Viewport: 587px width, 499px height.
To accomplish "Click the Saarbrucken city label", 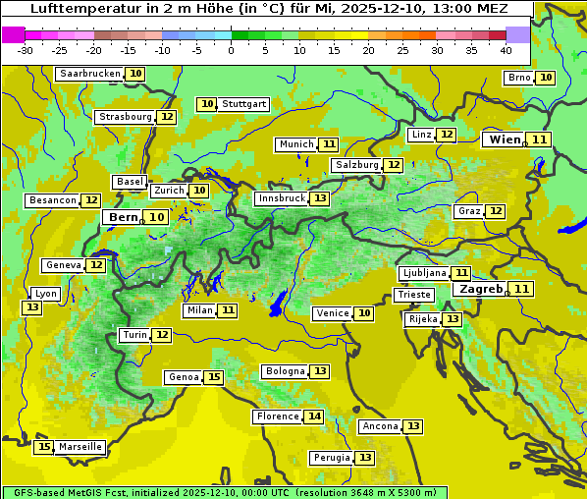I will [x=90, y=74].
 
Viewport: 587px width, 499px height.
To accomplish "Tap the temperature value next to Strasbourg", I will [x=167, y=117].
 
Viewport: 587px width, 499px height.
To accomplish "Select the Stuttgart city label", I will [x=244, y=104].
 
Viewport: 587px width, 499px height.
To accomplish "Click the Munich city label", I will [x=295, y=144].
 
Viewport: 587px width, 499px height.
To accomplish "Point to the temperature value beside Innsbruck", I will [x=320, y=198].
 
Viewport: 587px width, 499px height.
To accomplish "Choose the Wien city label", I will [x=506, y=139].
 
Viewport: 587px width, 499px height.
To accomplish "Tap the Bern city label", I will [x=124, y=217].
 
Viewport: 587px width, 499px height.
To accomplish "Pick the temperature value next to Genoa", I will [x=214, y=377].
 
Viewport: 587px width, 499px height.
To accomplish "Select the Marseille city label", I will [x=80, y=447].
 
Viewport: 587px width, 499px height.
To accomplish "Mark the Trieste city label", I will [x=413, y=295].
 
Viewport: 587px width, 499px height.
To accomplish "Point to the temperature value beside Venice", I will [x=364, y=313].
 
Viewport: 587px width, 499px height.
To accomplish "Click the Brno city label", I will [x=518, y=78].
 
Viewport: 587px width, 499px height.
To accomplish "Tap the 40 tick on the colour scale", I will [x=506, y=50].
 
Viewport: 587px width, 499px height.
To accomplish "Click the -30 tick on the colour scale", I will [x=26, y=50].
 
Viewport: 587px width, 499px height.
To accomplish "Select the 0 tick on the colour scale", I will [x=231, y=50].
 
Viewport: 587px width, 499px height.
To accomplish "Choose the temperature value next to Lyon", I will [x=32, y=307].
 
